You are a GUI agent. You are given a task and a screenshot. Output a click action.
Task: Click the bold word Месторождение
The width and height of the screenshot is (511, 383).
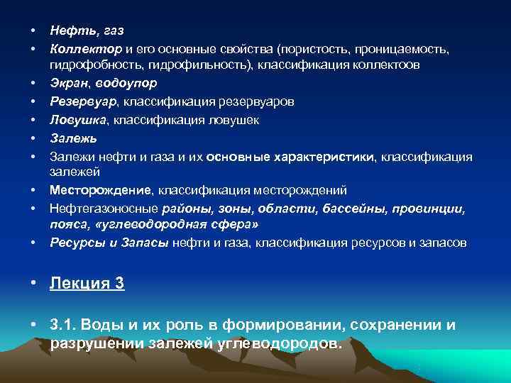tap(100, 190)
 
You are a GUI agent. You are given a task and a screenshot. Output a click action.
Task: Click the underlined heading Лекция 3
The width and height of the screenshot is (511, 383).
tap(87, 284)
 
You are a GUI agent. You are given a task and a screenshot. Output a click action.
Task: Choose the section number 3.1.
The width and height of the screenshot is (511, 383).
tap(65, 325)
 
